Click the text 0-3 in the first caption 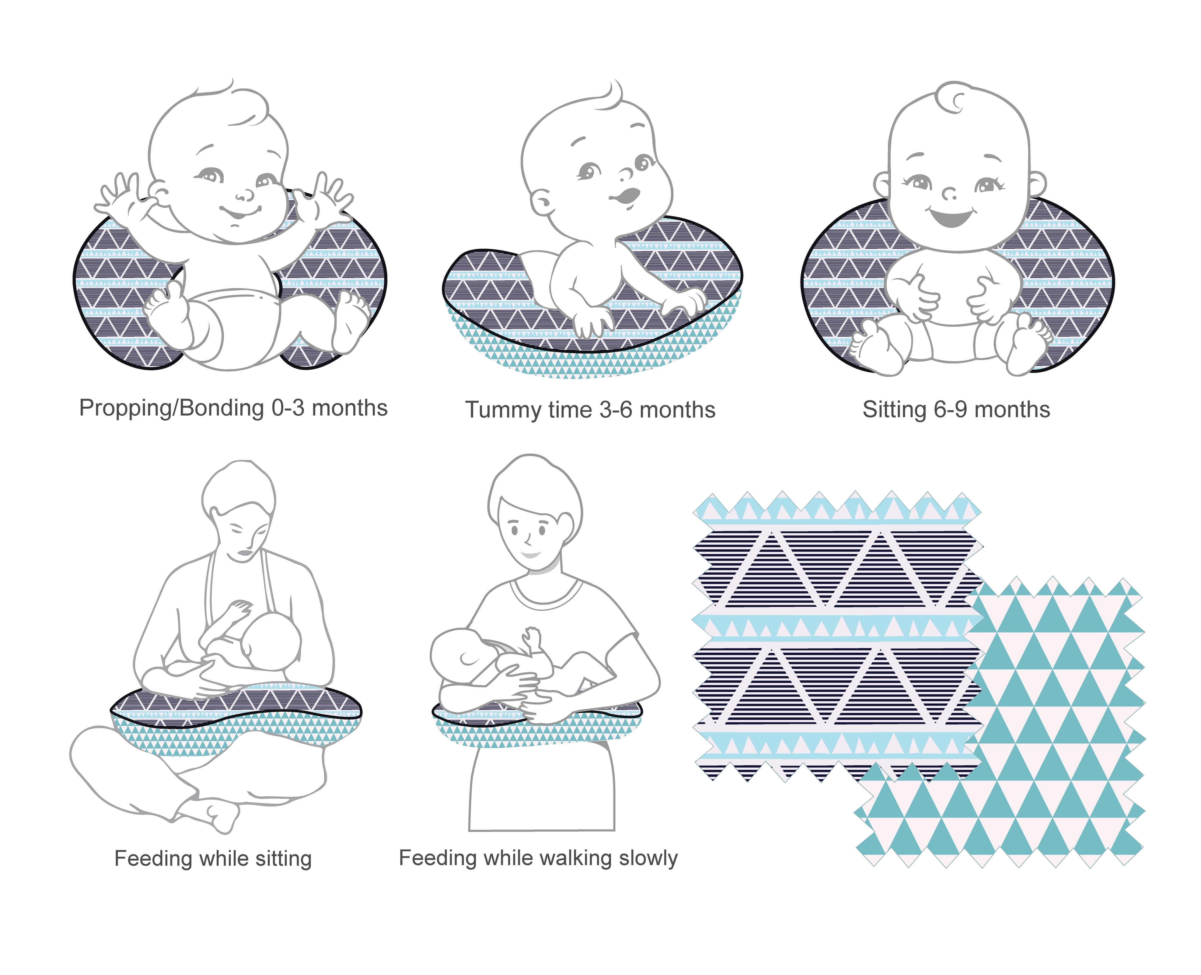pyautogui.click(x=288, y=408)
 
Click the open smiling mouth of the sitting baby pyautogui.click(x=951, y=216)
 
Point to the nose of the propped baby pyautogui.click(x=245, y=195)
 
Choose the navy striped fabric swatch pyautogui.click(x=836, y=635)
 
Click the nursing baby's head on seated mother pyautogui.click(x=272, y=640)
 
